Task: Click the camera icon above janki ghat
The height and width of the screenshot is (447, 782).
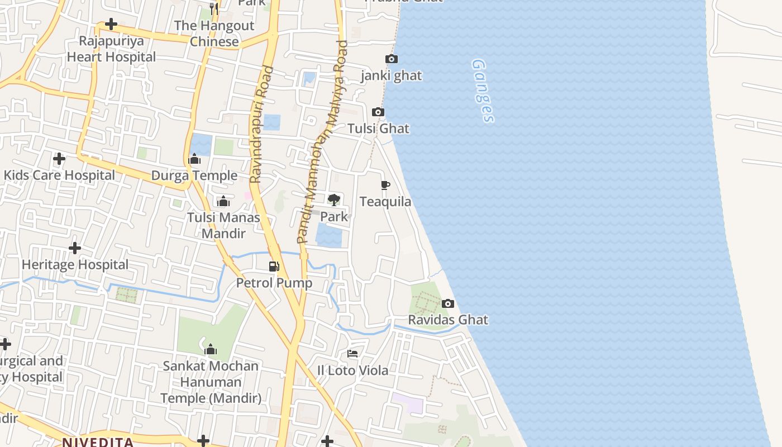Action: (x=392, y=59)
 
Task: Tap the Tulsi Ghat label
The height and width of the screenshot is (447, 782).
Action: (x=378, y=129)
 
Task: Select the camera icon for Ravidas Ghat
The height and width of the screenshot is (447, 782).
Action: (x=447, y=304)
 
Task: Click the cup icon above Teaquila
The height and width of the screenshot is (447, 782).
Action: (x=385, y=185)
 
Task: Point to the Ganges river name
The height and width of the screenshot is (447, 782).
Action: (x=483, y=91)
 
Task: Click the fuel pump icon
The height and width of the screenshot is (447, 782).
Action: (x=274, y=267)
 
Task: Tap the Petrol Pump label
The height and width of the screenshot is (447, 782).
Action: (x=274, y=283)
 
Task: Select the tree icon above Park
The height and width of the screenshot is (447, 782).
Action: (x=334, y=199)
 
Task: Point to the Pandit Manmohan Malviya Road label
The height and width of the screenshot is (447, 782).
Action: (x=323, y=142)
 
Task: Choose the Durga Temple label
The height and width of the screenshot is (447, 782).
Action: (x=194, y=175)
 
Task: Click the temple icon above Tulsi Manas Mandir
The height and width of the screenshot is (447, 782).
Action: (x=223, y=201)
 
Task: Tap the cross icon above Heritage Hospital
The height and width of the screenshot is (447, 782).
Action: (x=75, y=248)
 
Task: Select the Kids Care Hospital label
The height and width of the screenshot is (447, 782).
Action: (x=59, y=175)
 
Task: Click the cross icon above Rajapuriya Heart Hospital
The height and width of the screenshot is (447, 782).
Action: (x=111, y=24)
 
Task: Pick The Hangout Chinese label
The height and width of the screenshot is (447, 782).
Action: (x=214, y=34)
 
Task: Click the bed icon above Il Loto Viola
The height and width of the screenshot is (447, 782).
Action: (x=352, y=354)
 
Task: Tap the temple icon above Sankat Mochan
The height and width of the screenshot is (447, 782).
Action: (x=211, y=350)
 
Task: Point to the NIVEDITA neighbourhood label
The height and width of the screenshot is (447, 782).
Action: (x=98, y=443)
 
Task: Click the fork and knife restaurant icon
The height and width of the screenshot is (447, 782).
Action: (x=214, y=8)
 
